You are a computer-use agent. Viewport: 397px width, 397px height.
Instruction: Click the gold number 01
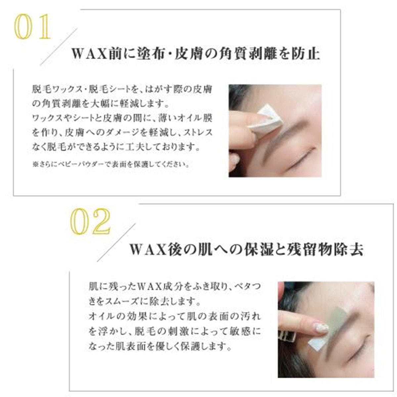(x=32, y=26)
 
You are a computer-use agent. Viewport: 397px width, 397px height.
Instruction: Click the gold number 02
(x=90, y=221)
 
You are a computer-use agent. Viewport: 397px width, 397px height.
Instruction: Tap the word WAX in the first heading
(x=89, y=54)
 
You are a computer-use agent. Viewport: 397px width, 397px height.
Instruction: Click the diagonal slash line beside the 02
(x=116, y=243)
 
